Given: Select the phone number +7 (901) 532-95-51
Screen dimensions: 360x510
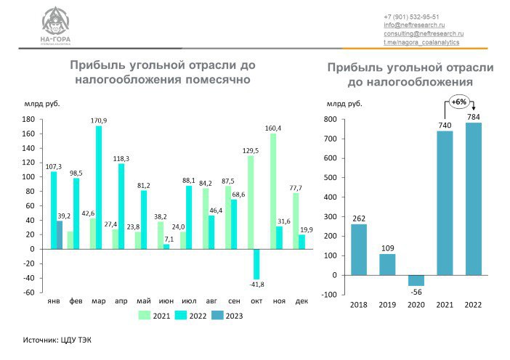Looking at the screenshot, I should [x=411, y=16].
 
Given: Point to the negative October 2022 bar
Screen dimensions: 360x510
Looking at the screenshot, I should [x=256, y=263].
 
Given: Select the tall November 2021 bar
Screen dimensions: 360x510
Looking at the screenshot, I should [x=273, y=191].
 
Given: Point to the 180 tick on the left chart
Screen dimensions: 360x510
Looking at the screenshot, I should [x=29, y=119].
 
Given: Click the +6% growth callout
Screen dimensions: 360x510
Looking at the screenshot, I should [x=458, y=102].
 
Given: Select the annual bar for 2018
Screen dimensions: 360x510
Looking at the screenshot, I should [x=359, y=249].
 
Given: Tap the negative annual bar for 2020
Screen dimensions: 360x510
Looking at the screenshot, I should [x=416, y=280].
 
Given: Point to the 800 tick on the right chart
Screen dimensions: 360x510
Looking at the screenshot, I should [x=329, y=119].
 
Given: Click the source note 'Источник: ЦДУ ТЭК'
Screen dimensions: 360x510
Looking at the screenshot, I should [x=58, y=340].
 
